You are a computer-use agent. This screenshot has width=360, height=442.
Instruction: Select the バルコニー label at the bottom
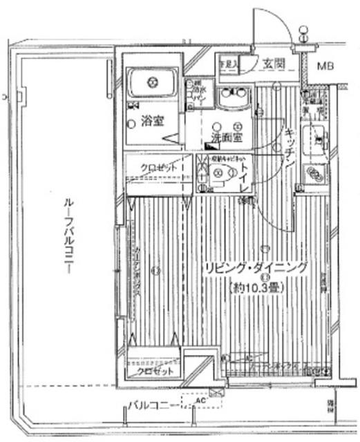click(149, 405)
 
